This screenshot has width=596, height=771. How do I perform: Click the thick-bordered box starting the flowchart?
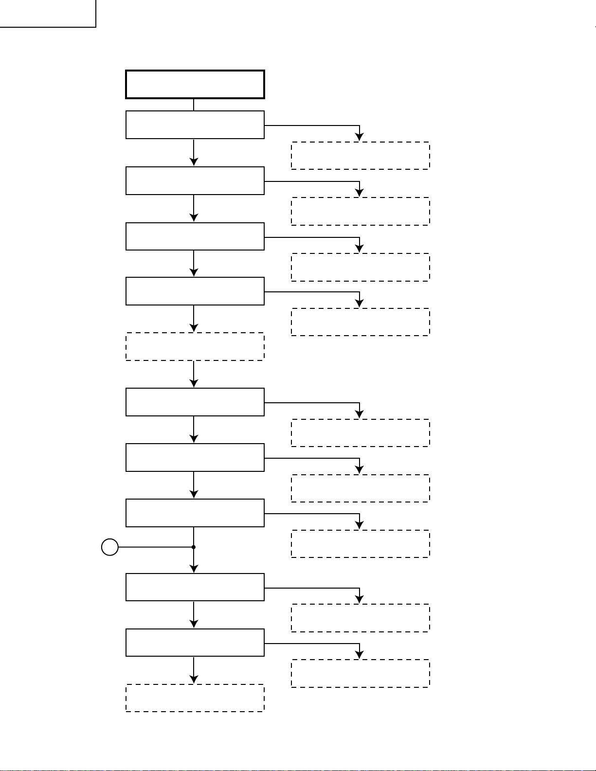pos(195,85)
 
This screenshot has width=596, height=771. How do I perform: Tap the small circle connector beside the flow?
pos(110,547)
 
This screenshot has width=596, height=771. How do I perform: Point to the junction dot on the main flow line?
pos(194,547)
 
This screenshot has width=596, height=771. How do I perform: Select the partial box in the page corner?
pos(47,13)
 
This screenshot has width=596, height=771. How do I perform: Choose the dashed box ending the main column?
pos(195,698)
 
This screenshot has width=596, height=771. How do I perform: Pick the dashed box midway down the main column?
pos(195,346)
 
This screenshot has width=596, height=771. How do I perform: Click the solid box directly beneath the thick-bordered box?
pos(195,125)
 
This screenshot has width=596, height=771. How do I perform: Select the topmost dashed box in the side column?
pos(360,156)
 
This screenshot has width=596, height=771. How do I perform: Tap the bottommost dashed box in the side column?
pos(360,673)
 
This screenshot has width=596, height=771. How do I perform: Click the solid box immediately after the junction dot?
pos(195,587)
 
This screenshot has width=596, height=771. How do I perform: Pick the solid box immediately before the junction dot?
pos(195,513)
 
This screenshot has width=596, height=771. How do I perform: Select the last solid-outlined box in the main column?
pos(195,643)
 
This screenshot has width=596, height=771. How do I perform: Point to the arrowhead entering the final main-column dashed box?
pos(194,680)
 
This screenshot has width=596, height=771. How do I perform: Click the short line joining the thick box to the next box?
pos(194,105)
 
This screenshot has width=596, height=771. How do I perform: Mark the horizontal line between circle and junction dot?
pos(156,547)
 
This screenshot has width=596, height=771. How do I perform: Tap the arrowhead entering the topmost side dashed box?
pos(360,137)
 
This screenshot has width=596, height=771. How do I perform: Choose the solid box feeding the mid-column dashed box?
pos(195,291)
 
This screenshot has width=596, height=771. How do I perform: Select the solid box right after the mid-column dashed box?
pos(195,402)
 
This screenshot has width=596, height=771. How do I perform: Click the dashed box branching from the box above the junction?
pos(360,544)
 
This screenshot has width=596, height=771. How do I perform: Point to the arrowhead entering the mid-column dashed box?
pos(194,328)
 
